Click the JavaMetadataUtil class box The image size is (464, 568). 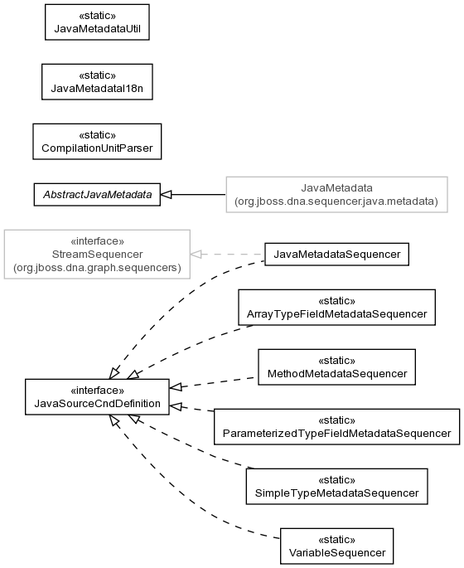97,22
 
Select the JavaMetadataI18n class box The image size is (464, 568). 97,82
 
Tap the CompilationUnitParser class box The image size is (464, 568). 97,142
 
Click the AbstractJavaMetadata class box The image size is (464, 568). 97,195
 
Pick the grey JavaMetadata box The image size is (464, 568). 336,195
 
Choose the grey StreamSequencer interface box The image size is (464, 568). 97,255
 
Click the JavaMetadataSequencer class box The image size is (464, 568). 336,255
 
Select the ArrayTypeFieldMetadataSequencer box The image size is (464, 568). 336,307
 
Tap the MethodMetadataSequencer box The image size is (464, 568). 336,367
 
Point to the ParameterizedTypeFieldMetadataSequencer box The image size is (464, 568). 336,427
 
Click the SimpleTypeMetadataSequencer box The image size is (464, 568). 336,487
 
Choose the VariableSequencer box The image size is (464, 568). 336,546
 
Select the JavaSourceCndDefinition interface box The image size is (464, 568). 97,397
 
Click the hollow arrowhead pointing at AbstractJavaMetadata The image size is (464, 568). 166,195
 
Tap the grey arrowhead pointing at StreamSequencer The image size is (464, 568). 196,255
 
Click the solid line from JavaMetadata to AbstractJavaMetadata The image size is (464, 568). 199,195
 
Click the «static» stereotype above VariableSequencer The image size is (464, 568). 336,540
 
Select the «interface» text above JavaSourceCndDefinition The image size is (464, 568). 97,391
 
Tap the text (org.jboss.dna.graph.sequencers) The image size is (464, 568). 97,268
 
